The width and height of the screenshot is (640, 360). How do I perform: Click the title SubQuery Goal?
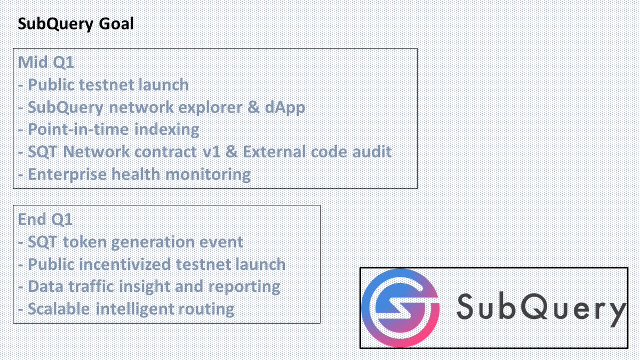pos(76,24)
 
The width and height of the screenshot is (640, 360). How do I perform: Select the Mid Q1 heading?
pos(46,62)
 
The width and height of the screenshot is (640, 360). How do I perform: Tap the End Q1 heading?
pos(45,219)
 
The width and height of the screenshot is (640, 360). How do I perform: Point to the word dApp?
pos(285,107)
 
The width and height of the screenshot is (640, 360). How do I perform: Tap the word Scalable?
pos(58,309)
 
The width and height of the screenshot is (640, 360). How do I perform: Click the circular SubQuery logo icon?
pos(400,308)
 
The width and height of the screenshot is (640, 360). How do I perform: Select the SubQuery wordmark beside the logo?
pos(540,308)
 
